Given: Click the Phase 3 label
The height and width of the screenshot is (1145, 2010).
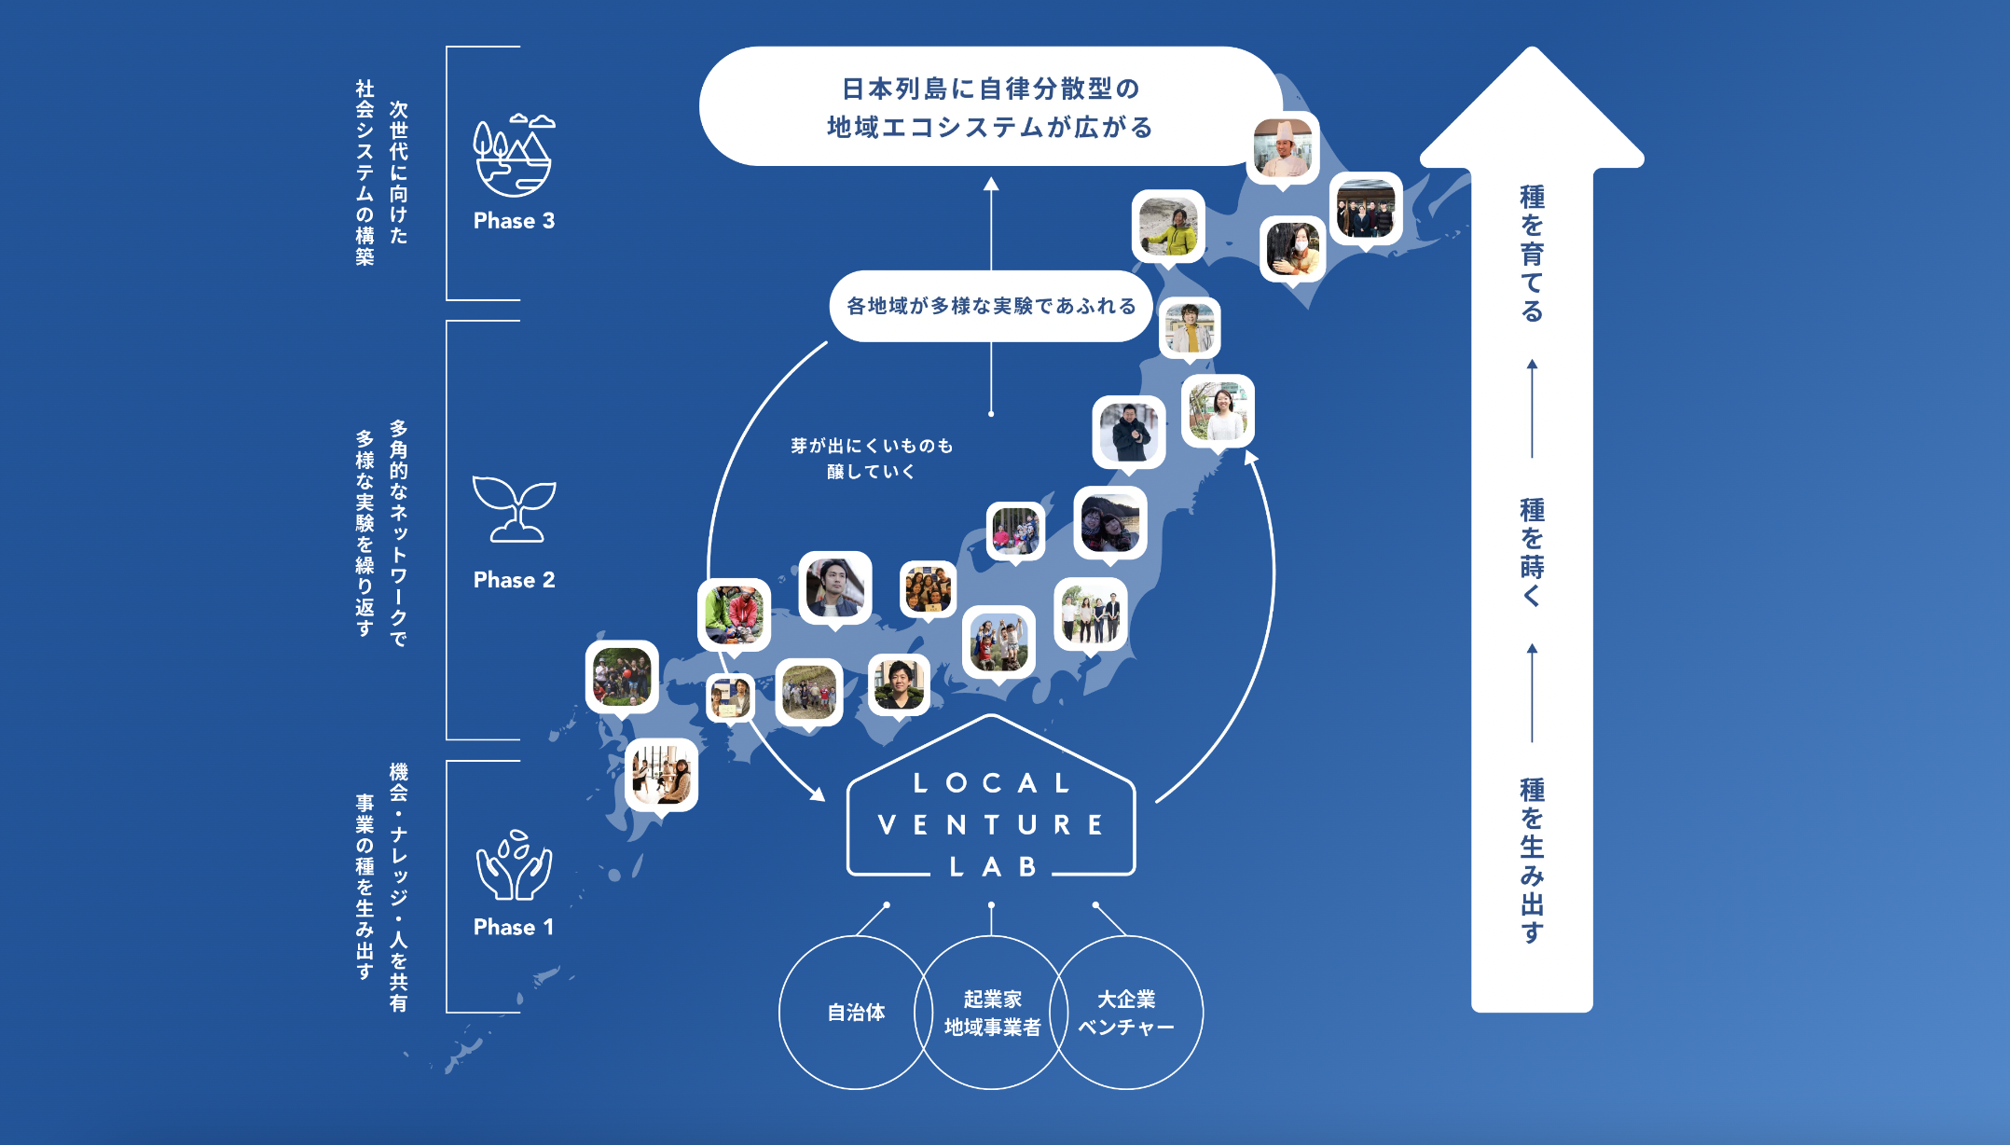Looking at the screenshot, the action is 514,221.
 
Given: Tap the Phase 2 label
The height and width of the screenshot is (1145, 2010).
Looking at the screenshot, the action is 514,580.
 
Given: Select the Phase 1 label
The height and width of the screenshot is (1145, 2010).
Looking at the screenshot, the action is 514,927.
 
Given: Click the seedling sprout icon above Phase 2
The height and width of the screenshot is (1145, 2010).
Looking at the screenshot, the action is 514,509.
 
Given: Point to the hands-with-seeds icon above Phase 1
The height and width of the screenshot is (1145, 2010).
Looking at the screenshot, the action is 514,864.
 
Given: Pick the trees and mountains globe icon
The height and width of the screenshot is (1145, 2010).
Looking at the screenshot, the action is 514,156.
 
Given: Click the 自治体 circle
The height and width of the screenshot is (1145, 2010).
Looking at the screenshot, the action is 855,1013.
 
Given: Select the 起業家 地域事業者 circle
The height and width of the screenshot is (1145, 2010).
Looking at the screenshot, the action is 991,1013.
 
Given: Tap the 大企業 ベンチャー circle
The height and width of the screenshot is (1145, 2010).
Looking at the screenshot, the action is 1126,1013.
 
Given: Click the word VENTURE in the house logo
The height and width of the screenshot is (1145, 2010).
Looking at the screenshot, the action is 991,825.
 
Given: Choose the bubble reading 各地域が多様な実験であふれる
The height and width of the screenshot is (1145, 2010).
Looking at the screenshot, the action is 991,306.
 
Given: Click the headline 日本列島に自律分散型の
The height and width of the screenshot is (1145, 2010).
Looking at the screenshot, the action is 991,89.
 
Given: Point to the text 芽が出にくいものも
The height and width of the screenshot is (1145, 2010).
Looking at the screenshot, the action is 872,446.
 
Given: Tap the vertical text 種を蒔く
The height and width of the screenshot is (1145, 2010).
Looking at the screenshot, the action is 1532,552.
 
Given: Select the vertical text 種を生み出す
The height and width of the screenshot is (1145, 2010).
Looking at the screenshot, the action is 1532,860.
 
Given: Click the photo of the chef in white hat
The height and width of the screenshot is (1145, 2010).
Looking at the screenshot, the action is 1283,148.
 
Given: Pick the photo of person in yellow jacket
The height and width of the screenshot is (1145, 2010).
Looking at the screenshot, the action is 1168,227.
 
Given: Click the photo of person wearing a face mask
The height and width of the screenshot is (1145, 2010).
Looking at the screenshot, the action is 1292,248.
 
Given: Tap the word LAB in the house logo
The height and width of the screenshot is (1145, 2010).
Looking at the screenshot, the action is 992,867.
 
